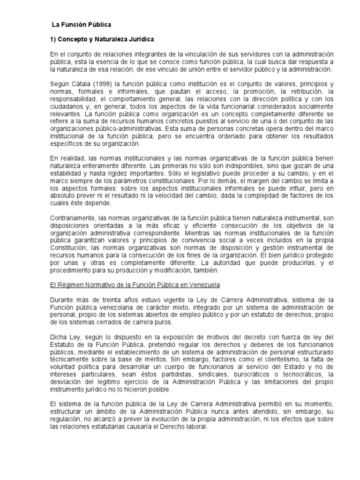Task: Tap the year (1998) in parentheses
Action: (x=104, y=84)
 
